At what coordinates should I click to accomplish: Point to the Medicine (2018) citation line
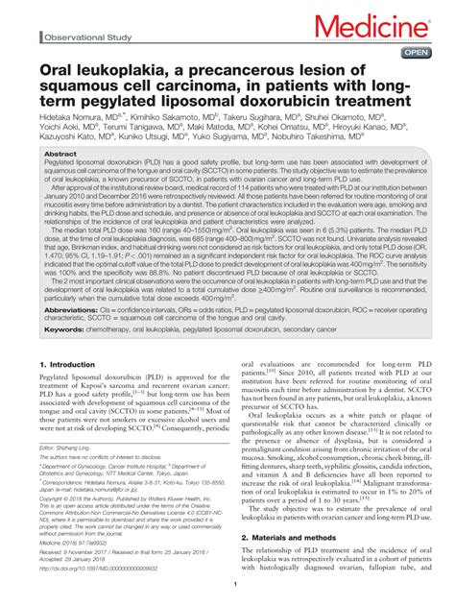pyautogui.click(x=80, y=542)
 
